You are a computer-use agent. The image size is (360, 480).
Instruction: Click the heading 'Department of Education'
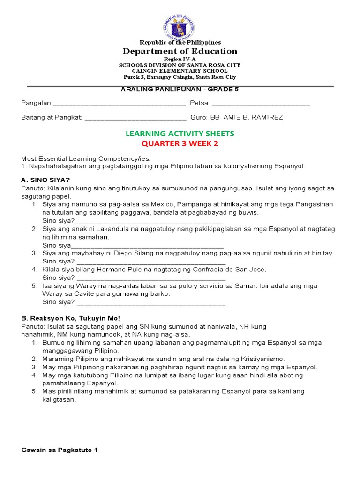pyautogui.click(x=180, y=51)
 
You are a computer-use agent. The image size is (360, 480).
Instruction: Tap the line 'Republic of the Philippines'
pyautogui.click(x=180, y=42)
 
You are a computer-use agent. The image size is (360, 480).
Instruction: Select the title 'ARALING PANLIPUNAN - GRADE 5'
pyautogui.click(x=180, y=90)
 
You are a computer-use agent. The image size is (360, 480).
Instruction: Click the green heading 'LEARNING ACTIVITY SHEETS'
pyautogui.click(x=180, y=134)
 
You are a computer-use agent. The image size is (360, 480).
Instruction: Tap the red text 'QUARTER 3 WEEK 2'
pyautogui.click(x=180, y=144)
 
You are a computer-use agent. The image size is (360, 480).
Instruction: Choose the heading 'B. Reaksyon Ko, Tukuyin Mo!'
pyautogui.click(x=70, y=318)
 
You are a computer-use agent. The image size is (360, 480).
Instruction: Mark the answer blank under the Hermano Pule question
pyautogui.click(x=151, y=278)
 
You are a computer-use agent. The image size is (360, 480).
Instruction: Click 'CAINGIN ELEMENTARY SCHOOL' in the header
pyautogui.click(x=180, y=71)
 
